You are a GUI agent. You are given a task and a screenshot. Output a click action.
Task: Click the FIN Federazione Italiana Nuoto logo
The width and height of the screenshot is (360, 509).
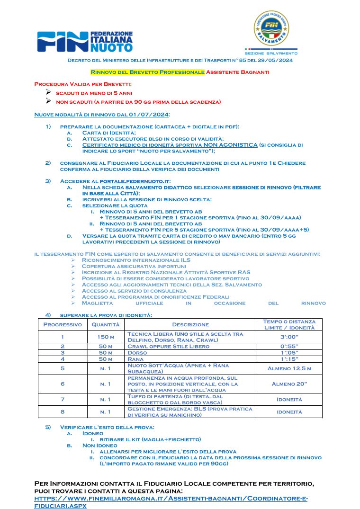85,42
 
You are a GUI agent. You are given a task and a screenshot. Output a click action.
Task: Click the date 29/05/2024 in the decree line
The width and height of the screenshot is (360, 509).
276,60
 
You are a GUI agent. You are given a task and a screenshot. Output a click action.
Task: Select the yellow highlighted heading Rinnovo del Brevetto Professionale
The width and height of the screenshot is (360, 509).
147,72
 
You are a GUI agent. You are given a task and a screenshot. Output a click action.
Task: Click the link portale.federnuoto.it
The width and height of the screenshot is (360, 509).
134,181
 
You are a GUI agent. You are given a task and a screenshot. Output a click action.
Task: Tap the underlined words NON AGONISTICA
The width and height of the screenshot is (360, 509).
231,145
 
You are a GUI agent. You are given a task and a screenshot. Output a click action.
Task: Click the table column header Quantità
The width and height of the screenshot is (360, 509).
105,324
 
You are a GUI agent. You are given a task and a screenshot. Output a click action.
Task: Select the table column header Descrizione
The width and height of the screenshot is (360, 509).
190,324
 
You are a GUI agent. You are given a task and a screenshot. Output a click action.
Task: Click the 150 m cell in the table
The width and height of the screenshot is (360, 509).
105,337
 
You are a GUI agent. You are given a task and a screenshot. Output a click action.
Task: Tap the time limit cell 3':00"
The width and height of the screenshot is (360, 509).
289,337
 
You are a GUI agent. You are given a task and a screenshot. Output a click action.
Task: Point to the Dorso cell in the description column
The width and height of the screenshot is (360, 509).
137,353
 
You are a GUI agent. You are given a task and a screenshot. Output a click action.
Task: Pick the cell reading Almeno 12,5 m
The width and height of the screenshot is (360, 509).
289,368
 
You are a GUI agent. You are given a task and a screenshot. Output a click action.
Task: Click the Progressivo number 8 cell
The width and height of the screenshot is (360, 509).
63,411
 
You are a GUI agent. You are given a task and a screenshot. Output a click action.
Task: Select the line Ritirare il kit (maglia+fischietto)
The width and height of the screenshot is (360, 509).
150,439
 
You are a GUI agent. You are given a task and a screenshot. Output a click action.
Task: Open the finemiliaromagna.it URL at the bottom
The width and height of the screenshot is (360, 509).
171,499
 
